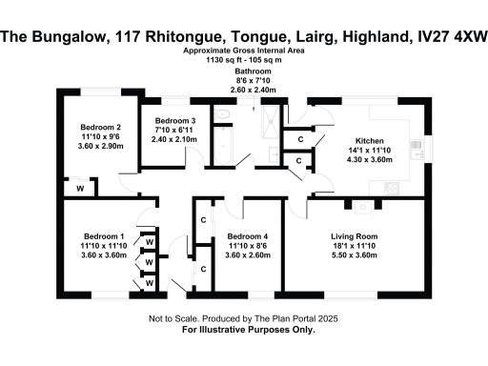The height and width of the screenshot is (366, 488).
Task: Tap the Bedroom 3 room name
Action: pos(175,121)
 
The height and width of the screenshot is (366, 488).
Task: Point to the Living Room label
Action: pos(355,235)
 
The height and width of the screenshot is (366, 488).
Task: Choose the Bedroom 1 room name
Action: pos(104,235)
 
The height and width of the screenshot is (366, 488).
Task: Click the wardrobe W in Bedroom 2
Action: pos(80,189)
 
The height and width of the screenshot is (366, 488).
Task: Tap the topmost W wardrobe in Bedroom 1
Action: pos(149,240)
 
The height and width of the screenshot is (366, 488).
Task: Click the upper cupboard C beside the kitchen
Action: pos(299,140)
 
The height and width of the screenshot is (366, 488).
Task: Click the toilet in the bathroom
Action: pos(221,115)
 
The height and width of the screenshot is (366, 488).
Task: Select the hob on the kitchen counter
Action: pos(389,188)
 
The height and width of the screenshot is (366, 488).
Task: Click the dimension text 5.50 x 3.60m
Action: pos(355,255)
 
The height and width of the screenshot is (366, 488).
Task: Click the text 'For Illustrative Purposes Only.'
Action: pos(244,329)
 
